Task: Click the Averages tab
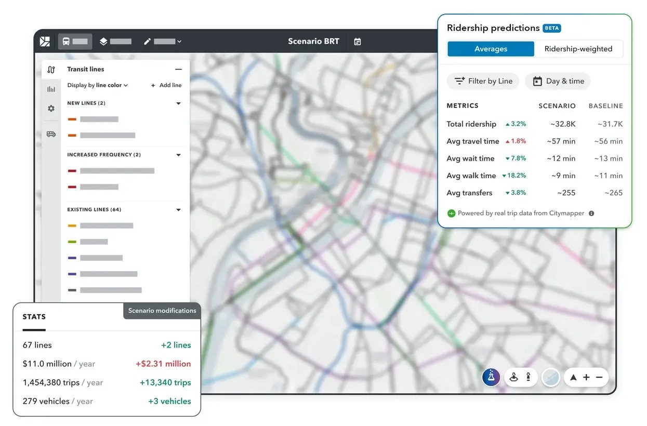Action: click(491, 49)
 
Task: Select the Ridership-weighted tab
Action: click(578, 49)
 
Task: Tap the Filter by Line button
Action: click(483, 81)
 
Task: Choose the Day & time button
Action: click(558, 81)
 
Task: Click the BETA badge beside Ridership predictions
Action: click(552, 28)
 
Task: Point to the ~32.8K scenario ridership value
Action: click(563, 124)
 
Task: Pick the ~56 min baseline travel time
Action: click(609, 141)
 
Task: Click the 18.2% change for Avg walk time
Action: click(514, 176)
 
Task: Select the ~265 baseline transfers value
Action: click(613, 193)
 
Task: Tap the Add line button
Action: click(166, 85)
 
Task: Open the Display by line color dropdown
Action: click(98, 85)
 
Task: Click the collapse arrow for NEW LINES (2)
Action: click(178, 103)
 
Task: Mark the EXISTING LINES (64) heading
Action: click(94, 210)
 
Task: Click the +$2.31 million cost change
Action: click(163, 364)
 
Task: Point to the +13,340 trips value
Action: click(165, 382)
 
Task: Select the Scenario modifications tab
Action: click(162, 311)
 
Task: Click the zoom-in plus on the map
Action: click(586, 378)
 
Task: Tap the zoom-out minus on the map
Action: click(599, 378)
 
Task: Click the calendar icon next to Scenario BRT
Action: click(358, 42)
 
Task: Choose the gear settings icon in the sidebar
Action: click(51, 109)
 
